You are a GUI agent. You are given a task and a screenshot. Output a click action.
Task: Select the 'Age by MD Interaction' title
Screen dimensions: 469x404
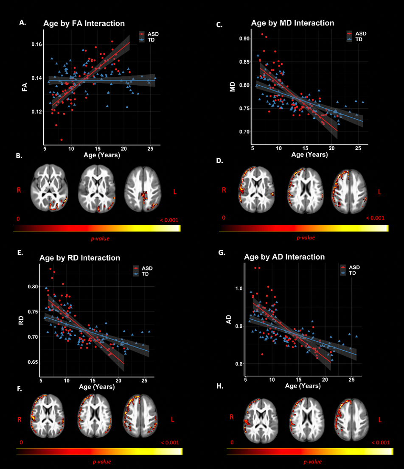[292, 23]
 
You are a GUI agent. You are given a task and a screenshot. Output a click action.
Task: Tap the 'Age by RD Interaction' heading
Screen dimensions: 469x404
[80, 258]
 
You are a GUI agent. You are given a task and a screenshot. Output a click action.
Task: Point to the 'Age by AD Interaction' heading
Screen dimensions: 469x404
[284, 257]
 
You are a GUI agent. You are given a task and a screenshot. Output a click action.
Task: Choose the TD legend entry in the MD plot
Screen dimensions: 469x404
[359, 39]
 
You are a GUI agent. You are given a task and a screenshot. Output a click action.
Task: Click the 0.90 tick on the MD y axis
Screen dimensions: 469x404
[244, 39]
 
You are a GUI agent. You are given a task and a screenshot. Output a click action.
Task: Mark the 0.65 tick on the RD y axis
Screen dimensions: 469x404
[32, 362]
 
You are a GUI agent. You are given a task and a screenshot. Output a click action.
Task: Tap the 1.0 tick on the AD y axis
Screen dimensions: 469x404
[238, 288]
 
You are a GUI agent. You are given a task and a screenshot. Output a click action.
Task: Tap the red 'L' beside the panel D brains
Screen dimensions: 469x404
[380, 192]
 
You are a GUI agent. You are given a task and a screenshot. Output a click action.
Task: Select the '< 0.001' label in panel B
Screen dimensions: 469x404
[169, 220]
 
